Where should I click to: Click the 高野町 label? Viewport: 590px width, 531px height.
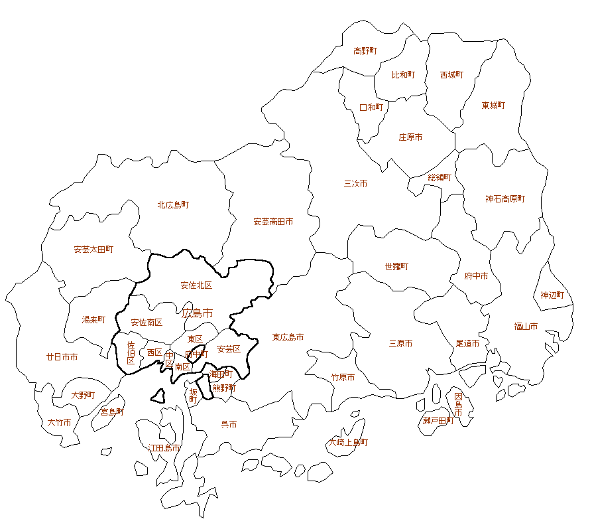click(x=365, y=50)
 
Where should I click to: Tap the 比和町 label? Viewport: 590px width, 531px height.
click(x=403, y=75)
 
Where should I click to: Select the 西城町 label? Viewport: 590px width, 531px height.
click(x=451, y=75)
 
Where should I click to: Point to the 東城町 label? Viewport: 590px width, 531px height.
click(x=493, y=106)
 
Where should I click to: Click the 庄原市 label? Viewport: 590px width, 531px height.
click(x=410, y=137)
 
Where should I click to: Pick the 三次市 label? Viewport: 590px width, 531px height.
click(x=355, y=184)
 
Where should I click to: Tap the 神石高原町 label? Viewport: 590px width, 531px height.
click(x=505, y=198)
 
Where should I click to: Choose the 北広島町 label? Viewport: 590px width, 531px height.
click(x=173, y=205)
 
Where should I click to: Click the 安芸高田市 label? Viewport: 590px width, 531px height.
click(x=273, y=222)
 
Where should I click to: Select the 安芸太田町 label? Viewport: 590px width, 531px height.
click(x=93, y=250)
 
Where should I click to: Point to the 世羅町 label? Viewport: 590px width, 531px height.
click(x=396, y=267)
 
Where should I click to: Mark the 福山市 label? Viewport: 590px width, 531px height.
click(x=526, y=326)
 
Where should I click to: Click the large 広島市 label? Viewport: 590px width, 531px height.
click(x=198, y=312)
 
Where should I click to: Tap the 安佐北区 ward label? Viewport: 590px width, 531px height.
click(x=196, y=285)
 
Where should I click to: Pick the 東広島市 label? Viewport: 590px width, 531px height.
click(x=288, y=337)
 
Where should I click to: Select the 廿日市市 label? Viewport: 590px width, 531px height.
click(x=62, y=356)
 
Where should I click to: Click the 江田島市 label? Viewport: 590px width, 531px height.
click(x=164, y=448)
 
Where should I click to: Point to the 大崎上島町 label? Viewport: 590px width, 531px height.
click(x=349, y=442)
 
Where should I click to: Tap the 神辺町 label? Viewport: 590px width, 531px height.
click(x=552, y=295)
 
